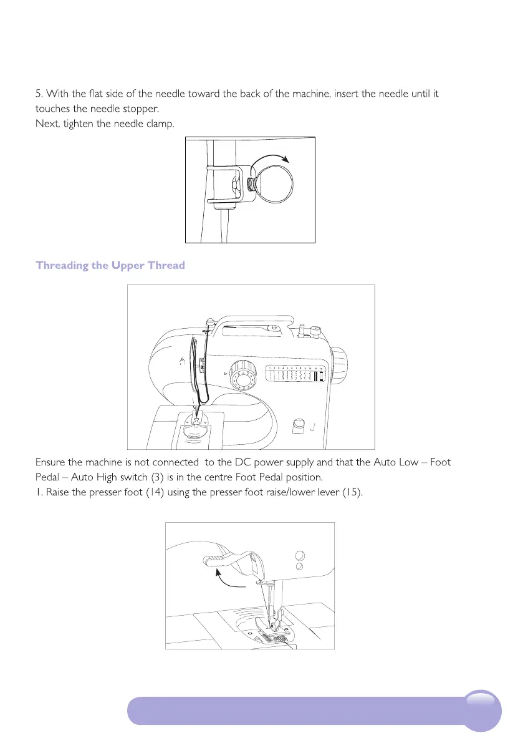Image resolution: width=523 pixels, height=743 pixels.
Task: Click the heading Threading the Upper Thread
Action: pyautogui.click(x=110, y=266)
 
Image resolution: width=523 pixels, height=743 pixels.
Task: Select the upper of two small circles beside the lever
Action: pyautogui.click(x=299, y=555)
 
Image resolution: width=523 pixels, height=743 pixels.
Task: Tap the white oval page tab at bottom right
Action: pyautogui.click(x=483, y=701)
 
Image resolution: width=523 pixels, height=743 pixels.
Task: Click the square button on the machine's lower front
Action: pyautogui.click(x=298, y=425)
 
